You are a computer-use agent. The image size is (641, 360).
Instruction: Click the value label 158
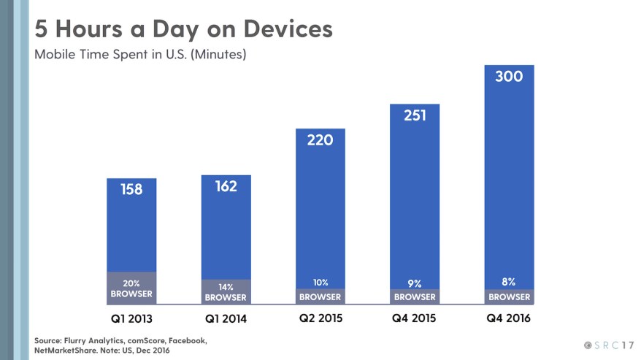(x=131, y=189)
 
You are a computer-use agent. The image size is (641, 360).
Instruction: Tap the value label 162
(x=226, y=186)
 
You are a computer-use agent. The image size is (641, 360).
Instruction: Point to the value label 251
(x=414, y=115)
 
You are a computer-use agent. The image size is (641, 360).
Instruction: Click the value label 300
(x=509, y=76)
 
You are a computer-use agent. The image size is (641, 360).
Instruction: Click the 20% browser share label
(x=131, y=283)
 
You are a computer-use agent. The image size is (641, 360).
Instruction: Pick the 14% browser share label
(x=226, y=286)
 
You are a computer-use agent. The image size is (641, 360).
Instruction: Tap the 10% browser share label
(x=320, y=283)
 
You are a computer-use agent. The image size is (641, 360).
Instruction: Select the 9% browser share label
(x=414, y=283)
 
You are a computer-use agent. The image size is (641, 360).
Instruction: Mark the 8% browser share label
(x=509, y=282)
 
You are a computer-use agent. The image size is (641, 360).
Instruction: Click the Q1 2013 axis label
(x=131, y=319)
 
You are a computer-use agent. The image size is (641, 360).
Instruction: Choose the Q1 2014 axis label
(x=226, y=319)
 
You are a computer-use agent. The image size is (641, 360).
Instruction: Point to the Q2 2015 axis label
(x=320, y=318)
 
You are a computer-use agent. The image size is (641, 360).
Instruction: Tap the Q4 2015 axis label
(x=414, y=318)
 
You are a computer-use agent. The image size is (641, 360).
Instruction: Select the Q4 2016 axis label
(x=509, y=318)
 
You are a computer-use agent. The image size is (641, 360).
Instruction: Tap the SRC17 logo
(x=608, y=344)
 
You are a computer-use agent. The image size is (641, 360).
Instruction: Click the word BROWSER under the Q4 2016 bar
(x=509, y=297)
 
